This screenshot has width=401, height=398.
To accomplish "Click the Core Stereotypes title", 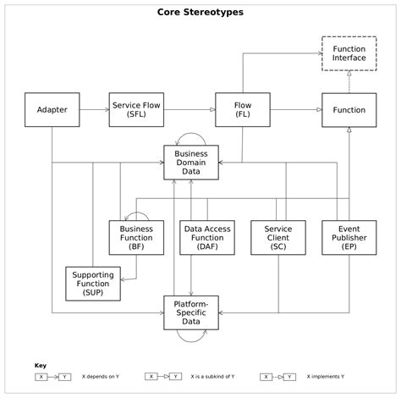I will (200, 13).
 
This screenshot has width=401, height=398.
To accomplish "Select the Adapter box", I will (52, 110).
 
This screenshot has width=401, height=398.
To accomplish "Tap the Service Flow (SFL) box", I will (136, 110).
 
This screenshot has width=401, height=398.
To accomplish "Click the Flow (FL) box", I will (242, 110).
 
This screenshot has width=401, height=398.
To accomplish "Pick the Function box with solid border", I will (349, 110).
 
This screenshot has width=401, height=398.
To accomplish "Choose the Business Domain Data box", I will (190, 163).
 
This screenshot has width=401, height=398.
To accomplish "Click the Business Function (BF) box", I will (136, 237).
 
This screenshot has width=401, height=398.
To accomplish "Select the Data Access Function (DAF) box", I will (208, 237).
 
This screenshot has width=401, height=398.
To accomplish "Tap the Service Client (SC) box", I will (277, 237).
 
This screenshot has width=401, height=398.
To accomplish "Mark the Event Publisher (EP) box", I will (349, 237).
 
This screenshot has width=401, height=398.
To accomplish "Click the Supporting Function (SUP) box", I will (94, 284).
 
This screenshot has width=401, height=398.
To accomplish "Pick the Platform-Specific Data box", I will (190, 311).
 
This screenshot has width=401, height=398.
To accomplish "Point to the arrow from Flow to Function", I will (295, 110).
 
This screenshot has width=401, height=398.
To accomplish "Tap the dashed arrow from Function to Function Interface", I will (349, 82).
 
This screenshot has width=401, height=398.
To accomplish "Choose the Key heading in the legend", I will (41, 365).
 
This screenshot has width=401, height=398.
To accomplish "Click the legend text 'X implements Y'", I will (332, 375).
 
